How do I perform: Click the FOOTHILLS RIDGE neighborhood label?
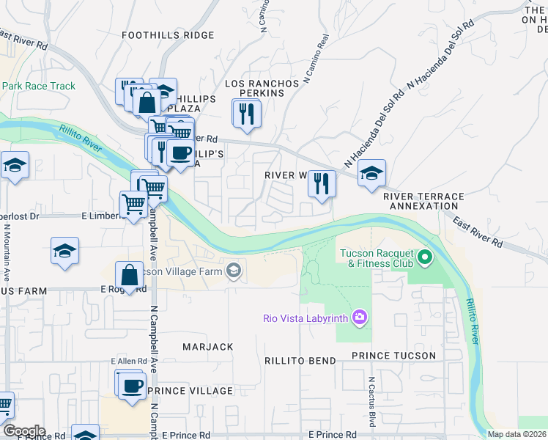tap(168, 35)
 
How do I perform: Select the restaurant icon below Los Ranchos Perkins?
tap(246, 114)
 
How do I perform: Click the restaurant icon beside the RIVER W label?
tap(322, 183)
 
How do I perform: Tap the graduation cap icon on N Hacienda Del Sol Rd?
tap(371, 174)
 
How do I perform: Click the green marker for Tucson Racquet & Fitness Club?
tap(423, 257)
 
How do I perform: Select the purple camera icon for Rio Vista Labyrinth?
tap(359, 318)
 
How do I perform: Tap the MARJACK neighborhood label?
tap(207, 347)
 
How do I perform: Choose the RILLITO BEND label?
tap(300, 361)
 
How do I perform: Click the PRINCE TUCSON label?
tap(393, 356)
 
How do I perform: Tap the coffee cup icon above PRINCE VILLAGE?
tap(132, 386)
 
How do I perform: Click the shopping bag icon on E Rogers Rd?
tap(130, 276)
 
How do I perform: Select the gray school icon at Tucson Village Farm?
tap(233, 272)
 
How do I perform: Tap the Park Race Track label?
tap(38, 87)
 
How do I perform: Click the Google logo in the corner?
tap(23, 431)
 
